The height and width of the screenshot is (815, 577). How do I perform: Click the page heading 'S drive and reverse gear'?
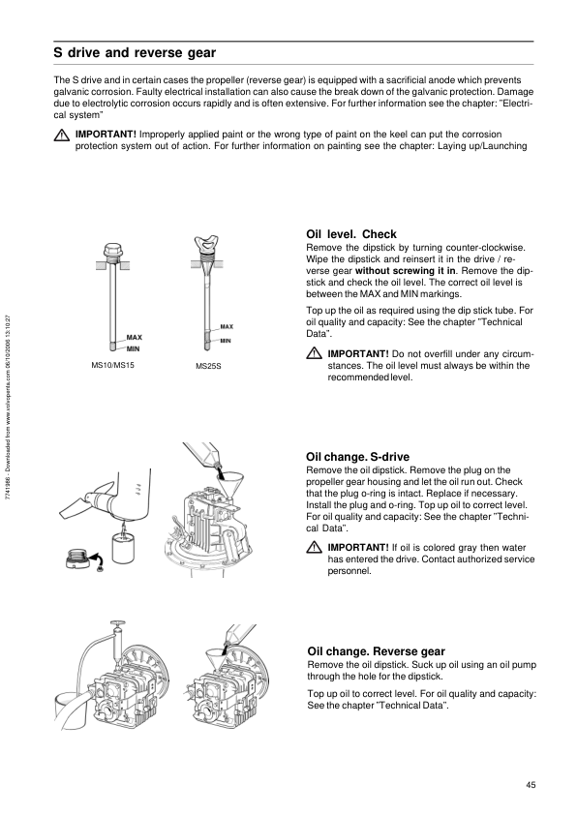click(135, 53)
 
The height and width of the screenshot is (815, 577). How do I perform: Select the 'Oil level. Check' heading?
click(351, 234)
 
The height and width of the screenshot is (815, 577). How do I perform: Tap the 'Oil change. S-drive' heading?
click(357, 457)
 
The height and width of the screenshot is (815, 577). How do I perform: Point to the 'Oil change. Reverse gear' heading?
click(377, 651)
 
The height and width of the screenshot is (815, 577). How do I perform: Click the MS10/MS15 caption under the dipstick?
click(113, 365)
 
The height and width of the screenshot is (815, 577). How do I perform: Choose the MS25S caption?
click(208, 366)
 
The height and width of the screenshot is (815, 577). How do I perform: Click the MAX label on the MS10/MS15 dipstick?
click(135, 338)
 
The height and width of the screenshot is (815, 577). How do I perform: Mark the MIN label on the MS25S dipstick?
click(226, 341)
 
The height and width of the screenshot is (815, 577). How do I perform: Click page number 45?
click(531, 785)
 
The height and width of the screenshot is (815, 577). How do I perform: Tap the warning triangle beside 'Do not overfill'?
click(314, 354)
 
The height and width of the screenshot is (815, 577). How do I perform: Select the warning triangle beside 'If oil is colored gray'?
click(314, 547)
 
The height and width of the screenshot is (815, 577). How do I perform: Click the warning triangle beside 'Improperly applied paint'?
click(62, 135)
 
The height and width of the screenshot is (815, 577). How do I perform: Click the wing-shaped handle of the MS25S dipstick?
click(207, 243)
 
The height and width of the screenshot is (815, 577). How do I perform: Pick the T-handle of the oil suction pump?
click(118, 623)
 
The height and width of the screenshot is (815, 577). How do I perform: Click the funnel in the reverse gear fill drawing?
click(217, 655)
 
